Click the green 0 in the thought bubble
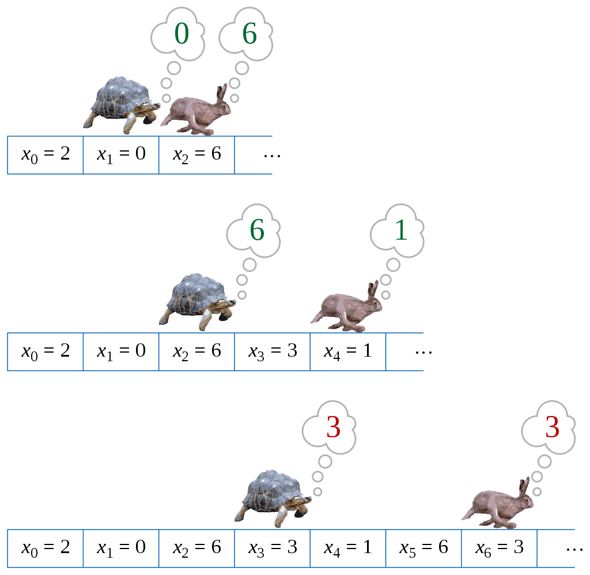point(181,33)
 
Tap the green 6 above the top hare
point(249,33)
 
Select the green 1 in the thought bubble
point(401,230)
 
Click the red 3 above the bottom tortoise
point(334,427)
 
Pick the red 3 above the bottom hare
point(553,427)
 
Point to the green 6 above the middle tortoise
point(258,230)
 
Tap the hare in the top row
point(196,110)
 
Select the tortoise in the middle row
point(197,302)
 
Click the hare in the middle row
point(346,307)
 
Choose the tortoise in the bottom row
point(273,498)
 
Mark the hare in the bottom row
point(497,504)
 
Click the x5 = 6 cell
point(423,548)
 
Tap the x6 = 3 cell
point(500,548)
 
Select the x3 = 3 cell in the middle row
point(273,352)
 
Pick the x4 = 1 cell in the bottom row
point(348,548)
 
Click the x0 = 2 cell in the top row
point(46,155)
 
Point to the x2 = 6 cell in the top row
point(197,155)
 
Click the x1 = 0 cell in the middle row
point(121,352)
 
